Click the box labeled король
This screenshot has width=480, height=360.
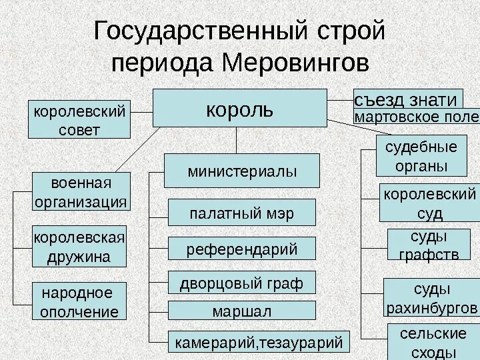240,108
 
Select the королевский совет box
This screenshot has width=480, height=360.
79,120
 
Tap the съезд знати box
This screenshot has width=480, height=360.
407,99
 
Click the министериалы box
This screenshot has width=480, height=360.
242,171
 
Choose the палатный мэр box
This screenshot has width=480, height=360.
241,213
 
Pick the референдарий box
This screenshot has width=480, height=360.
241,249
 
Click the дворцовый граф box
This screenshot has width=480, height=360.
241,283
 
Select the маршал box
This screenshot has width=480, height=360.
241,311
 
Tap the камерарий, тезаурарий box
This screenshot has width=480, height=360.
258,342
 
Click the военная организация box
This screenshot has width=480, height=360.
81,192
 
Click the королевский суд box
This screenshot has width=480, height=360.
429,203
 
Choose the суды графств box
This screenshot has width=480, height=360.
429,245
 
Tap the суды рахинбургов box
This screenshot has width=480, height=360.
431,298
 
